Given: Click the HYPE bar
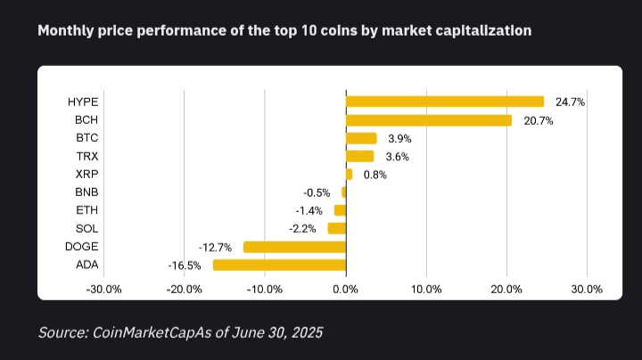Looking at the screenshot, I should click(x=444, y=102).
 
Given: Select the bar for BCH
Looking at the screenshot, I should click(x=428, y=120).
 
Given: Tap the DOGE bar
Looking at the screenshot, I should click(x=294, y=247).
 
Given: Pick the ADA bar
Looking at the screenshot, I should click(x=279, y=265).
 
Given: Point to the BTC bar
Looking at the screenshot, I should click(x=361, y=138).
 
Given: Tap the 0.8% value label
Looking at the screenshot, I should click(x=374, y=175).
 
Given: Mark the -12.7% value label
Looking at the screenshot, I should click(x=215, y=247).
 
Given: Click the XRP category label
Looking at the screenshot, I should click(x=86, y=175).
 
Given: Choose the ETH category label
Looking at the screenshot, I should click(x=86, y=210).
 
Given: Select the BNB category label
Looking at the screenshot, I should click(x=86, y=192).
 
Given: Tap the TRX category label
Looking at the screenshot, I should click(x=86, y=156).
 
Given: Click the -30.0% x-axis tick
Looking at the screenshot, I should click(x=103, y=290).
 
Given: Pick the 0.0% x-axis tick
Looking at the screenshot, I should click(x=345, y=290).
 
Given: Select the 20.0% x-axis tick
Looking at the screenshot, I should click(x=506, y=290).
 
